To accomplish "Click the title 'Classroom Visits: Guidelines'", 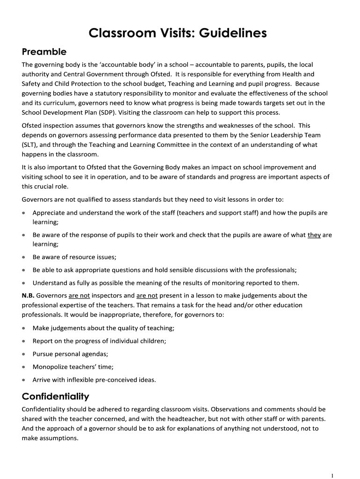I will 178,33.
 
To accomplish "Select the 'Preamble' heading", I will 44,51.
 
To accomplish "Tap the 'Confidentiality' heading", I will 55,397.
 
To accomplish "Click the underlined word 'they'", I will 314,235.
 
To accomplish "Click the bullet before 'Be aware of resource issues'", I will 24,257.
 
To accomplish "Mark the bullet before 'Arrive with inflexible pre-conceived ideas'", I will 24,380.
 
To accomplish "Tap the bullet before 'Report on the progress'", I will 24,341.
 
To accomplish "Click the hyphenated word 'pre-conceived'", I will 115,379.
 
